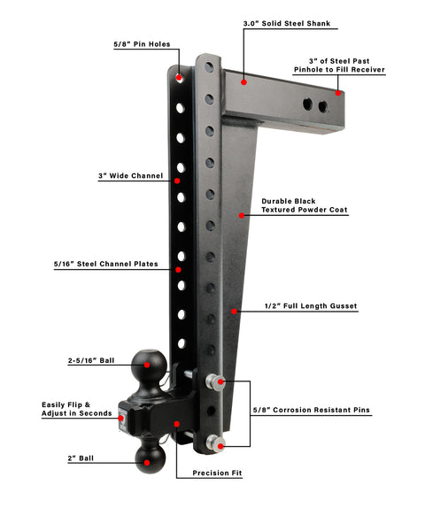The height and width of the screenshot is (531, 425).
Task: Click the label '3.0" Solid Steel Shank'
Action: tap(287, 23)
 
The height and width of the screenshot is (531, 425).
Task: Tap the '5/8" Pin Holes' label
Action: tap(142, 44)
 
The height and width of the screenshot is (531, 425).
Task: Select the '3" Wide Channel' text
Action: tap(130, 176)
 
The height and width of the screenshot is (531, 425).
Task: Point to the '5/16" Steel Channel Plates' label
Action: tap(105, 264)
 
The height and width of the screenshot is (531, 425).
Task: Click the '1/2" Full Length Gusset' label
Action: tap(311, 306)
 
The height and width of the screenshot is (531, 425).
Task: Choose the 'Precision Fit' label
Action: tap(217, 473)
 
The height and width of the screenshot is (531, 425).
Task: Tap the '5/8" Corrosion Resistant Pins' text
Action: tap(312, 410)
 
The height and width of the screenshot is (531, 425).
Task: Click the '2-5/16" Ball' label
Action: tap(91, 360)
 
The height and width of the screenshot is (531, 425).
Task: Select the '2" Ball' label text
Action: tap(81, 458)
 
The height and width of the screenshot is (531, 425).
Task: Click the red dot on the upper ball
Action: tap(147, 365)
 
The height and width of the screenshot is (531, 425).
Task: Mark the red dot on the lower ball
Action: tap(147, 463)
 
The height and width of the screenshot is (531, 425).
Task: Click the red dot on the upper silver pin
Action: tap(220, 382)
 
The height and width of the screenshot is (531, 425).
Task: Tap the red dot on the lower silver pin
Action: tap(220, 446)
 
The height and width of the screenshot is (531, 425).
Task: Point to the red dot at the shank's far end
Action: tap(338, 93)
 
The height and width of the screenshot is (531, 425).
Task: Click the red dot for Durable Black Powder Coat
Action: tap(242, 215)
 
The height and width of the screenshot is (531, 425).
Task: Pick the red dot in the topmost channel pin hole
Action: tap(179, 78)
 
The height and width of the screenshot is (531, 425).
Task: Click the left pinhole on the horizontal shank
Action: tap(308, 104)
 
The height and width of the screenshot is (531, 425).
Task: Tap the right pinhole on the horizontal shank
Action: tap(323, 107)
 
